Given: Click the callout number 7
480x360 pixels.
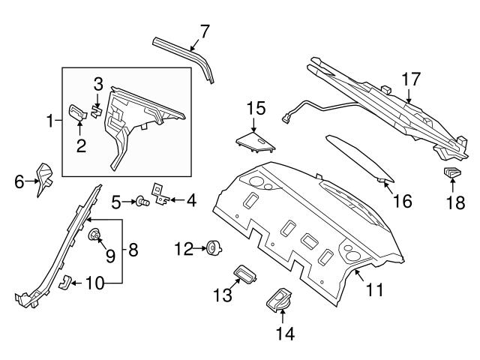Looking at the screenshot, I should click(x=204, y=31).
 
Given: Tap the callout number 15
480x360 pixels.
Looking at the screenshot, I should click(x=256, y=109).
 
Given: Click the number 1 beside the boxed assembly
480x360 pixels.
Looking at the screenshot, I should click(x=51, y=120).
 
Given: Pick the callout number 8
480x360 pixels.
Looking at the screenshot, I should click(x=133, y=250).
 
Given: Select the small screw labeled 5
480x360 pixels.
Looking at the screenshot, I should click(x=139, y=201).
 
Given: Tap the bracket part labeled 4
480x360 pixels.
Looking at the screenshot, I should click(x=160, y=196).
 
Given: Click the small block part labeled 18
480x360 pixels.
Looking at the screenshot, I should click(x=452, y=175).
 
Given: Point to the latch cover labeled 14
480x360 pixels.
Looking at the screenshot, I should click(x=278, y=304).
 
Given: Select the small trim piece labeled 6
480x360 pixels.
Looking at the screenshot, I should click(x=45, y=178).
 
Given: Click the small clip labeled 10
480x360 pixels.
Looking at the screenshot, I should click(x=65, y=282).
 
